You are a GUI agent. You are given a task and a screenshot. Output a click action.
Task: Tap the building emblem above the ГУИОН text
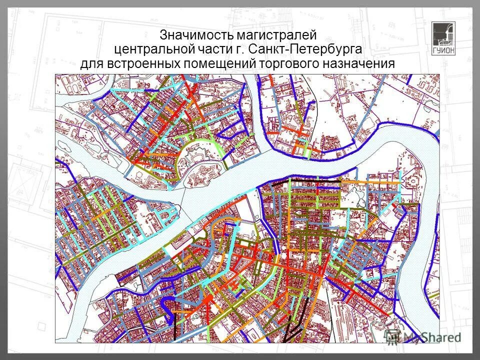click(442, 33)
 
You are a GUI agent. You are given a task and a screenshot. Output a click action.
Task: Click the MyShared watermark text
click(432, 337)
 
